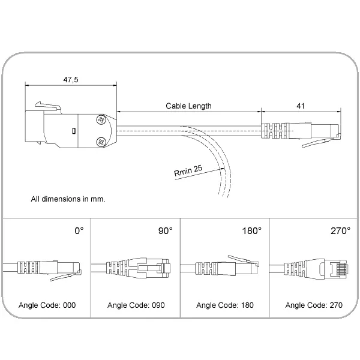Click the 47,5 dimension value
pyautogui.click(x=71, y=80)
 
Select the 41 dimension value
pyautogui.click(x=301, y=106)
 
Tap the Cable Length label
pyautogui.click(x=188, y=106)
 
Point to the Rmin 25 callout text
pyautogui.click(x=188, y=170)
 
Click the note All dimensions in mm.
pyautogui.click(x=68, y=199)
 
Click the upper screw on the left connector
pyautogui.click(x=101, y=120)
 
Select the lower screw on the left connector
pyautogui.click(x=101, y=142)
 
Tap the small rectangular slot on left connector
pyautogui.click(x=73, y=131)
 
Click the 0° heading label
pyautogui.click(x=79, y=231)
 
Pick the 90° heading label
pyautogui.click(x=166, y=231)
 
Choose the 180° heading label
pyautogui.click(x=252, y=231)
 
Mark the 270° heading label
pyautogui.click(x=340, y=231)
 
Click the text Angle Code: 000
pyautogui.click(x=47, y=305)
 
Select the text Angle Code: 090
pyautogui.click(x=136, y=305)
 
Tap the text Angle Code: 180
pyautogui.click(x=225, y=305)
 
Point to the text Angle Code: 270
pyautogui.click(x=314, y=305)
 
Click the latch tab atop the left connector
pyautogui.click(x=48, y=107)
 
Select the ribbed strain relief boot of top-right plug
pyautogui.click(x=275, y=131)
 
